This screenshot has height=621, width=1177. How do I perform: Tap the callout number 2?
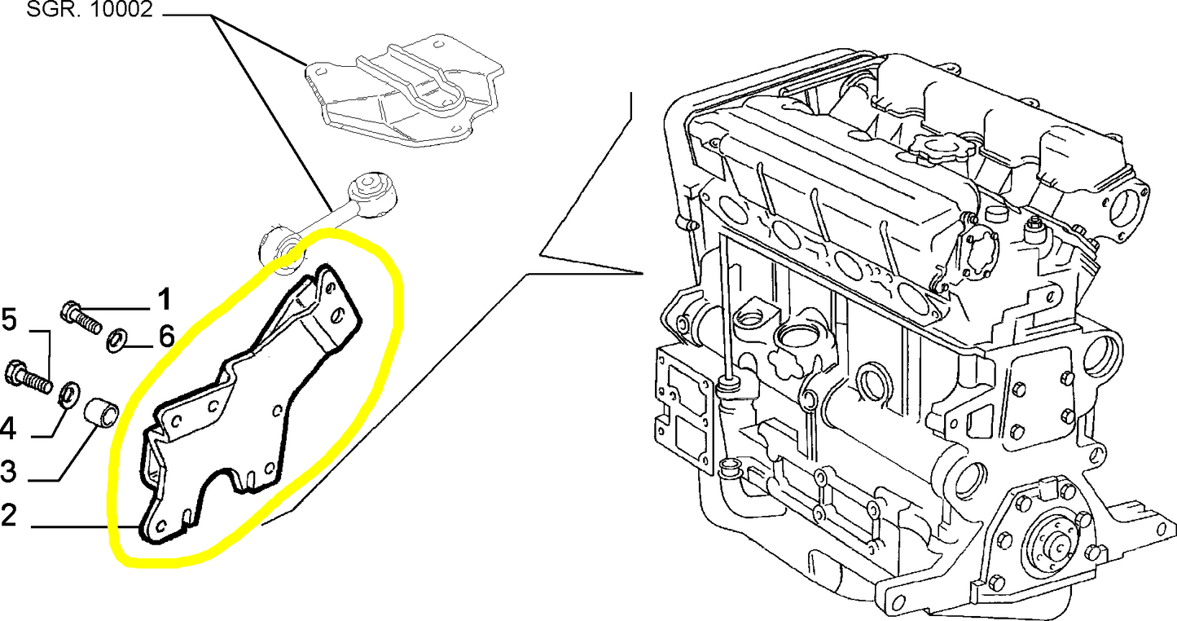coord(9,515)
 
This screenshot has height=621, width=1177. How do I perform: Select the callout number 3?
coord(9,471)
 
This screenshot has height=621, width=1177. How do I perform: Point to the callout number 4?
coord(8,429)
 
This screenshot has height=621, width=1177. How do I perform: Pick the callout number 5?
coord(10,320)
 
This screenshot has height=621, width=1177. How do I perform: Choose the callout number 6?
coord(166,336)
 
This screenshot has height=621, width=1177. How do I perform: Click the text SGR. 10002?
coord(90,9)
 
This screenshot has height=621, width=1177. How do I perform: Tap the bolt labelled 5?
coord(29,377)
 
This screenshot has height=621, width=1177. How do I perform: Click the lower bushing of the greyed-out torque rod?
coord(281,249)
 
